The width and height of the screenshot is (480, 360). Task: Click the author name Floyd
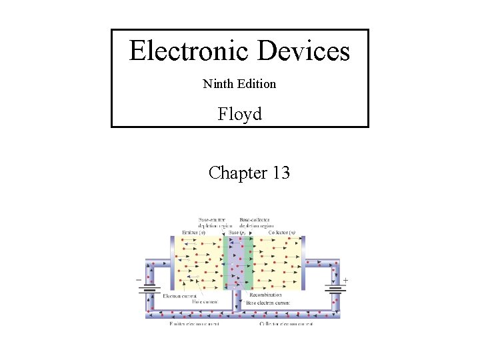[x=240, y=115]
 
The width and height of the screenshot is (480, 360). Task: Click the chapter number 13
[x=281, y=173]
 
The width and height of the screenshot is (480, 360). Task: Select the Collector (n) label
[x=283, y=232]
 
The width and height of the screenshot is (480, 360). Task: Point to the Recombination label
[x=265, y=295]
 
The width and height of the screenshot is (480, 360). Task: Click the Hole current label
[x=206, y=302]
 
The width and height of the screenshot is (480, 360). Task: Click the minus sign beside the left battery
[x=139, y=280]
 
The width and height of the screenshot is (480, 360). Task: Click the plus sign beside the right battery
[x=345, y=280]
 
